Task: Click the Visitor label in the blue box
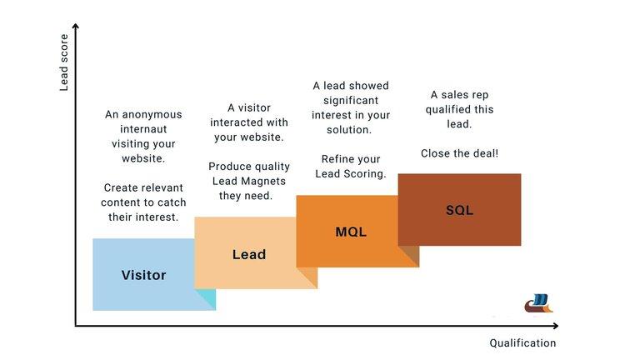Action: click(143, 275)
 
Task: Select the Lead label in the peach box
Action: click(248, 254)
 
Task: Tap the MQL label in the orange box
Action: click(351, 232)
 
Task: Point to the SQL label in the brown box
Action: click(459, 210)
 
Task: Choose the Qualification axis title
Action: click(522, 343)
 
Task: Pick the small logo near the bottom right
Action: click(538, 303)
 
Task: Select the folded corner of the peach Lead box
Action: click(307, 277)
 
